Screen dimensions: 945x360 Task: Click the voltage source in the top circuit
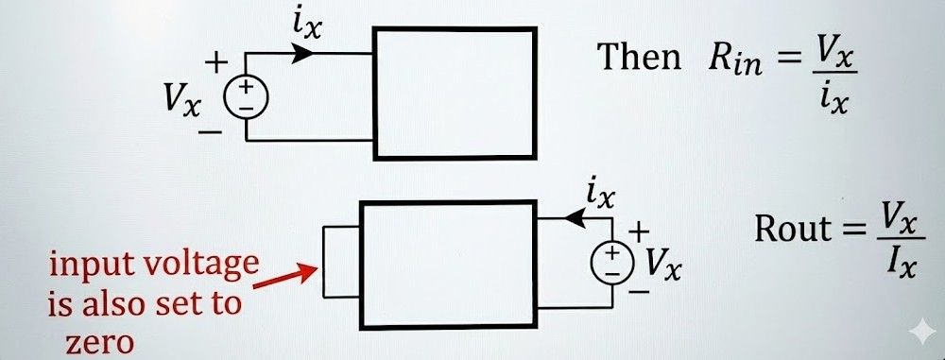pyautogui.click(x=246, y=97)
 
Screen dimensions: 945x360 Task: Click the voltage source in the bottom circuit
pyautogui.click(x=612, y=263)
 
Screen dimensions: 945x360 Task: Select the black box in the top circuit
pyautogui.click(x=455, y=93)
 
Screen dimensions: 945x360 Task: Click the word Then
pyautogui.click(x=639, y=58)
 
